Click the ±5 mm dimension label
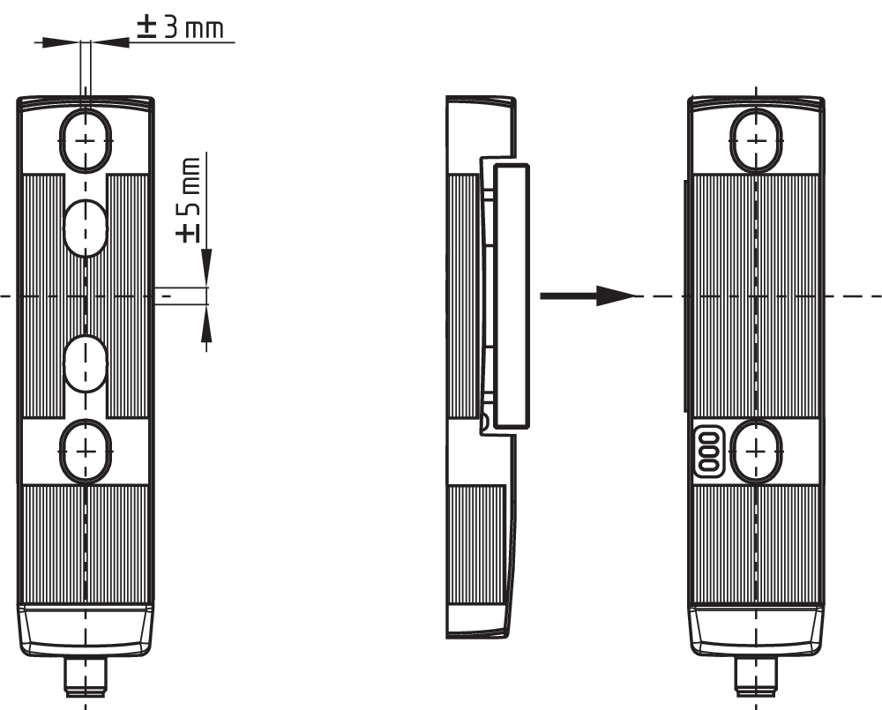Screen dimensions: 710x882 click(x=188, y=200)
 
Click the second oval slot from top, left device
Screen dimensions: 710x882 click(x=85, y=227)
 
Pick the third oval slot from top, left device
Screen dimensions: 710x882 click(x=85, y=362)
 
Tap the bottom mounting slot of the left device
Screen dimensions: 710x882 click(x=85, y=451)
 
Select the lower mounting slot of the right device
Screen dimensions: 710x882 click(x=757, y=451)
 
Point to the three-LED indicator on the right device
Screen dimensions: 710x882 click(x=708, y=453)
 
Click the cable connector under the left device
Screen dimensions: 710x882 click(x=85, y=677)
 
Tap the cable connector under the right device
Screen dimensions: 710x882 click(x=757, y=677)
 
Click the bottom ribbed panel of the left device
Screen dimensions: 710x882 click(x=85, y=542)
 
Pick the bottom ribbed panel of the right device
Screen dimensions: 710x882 click(x=757, y=542)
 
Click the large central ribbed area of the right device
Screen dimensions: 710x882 click(x=757, y=295)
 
